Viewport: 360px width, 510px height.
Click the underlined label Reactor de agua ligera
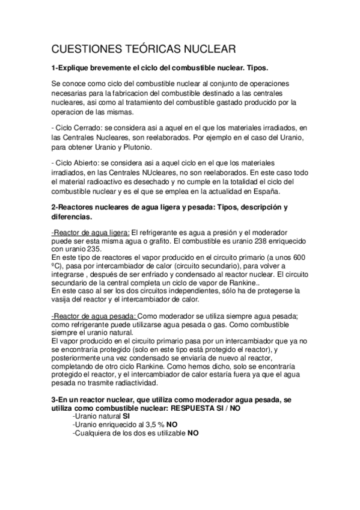tap(90, 232)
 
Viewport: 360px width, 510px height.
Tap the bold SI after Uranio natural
tap(126, 415)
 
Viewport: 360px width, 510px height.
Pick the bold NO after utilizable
tap(193, 432)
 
